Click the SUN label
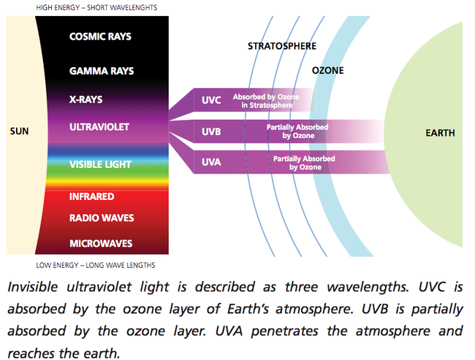20,131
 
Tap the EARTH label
440,133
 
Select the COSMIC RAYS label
100,37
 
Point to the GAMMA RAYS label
102,71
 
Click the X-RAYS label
86,99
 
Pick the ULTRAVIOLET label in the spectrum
99,127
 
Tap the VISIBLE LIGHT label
100,164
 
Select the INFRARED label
92,197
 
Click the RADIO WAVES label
102,218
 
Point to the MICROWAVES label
101,243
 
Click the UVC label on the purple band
211,100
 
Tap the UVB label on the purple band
211,131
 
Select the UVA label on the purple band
211,162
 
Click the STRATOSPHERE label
282,46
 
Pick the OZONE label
328,71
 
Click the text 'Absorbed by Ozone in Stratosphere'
266,101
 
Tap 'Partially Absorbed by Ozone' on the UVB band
297,131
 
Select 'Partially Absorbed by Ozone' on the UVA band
304,163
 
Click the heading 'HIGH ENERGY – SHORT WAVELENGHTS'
96,7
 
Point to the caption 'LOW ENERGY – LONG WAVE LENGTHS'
96,265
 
